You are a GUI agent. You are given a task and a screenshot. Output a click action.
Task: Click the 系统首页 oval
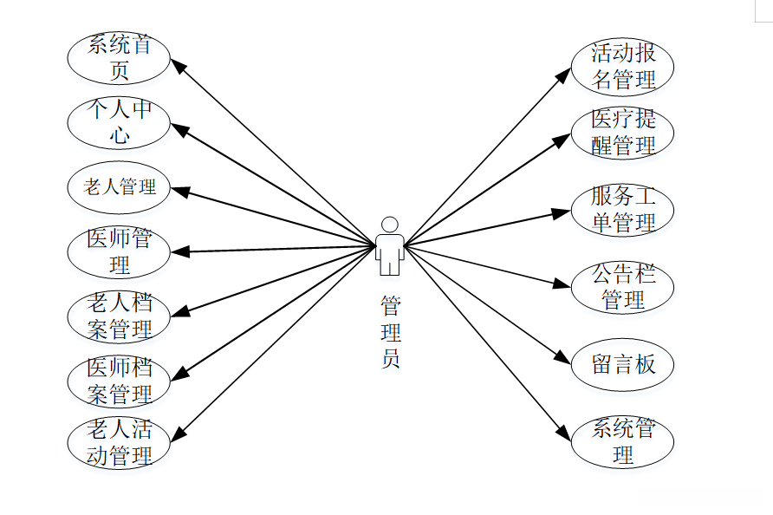coord(119,57)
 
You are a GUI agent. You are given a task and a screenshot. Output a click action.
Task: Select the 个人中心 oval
coord(119,122)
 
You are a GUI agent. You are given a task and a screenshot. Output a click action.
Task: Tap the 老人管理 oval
coord(119,186)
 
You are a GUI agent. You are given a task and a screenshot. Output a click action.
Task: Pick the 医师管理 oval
coord(119,251)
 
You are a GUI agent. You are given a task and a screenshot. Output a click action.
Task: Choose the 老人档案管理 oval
coord(119,316)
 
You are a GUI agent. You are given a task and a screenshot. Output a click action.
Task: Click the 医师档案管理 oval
coord(119,381)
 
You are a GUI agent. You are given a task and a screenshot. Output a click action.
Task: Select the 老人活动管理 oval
coord(119,442)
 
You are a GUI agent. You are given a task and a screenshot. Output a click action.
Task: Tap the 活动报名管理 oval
coord(622,68)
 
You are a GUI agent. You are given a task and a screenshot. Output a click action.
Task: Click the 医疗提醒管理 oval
coord(622,133)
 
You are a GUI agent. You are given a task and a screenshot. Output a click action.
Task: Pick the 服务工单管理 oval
coord(622,210)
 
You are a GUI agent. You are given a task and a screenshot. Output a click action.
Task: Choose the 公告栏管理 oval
coord(622,289)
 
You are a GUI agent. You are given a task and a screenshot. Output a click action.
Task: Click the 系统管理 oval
coord(622,441)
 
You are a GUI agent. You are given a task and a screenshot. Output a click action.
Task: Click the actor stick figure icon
coord(389,246)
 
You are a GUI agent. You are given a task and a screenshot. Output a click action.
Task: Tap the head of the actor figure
coord(390,224)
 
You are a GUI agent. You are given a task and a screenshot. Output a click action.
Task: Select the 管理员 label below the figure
coord(391,333)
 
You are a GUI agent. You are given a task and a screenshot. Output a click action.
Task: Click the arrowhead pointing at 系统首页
coord(176,65)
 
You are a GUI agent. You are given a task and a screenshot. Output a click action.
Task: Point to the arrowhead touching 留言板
coord(564,359)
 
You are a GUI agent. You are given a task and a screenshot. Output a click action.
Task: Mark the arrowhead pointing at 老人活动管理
coord(179,433)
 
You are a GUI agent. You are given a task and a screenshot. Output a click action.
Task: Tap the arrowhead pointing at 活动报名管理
coord(564,75)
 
